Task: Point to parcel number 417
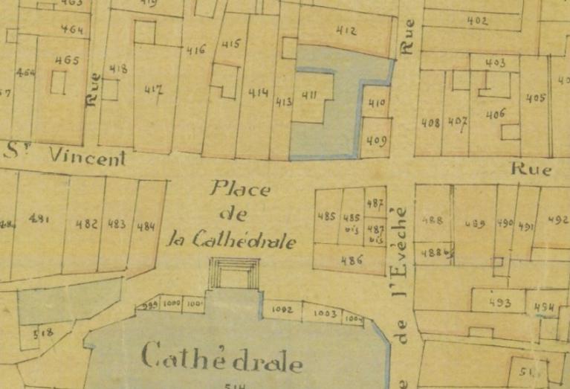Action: pyautogui.click(x=154, y=91)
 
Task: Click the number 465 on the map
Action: pyautogui.click(x=66, y=60)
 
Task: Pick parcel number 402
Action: pyautogui.click(x=477, y=21)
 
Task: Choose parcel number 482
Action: pyautogui.click(x=87, y=224)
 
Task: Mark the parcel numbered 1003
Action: pyautogui.click(x=326, y=314)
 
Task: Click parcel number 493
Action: pyautogui.click(x=501, y=303)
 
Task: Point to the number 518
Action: pyautogui.click(x=43, y=335)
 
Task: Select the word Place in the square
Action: pyautogui.click(x=240, y=189)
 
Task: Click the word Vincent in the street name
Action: pyautogui.click(x=87, y=157)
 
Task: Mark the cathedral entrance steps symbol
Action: pyautogui.click(x=234, y=274)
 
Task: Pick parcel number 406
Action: pyautogui.click(x=496, y=113)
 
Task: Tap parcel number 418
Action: pyautogui.click(x=117, y=69)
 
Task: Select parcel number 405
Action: pyautogui.click(x=536, y=97)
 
